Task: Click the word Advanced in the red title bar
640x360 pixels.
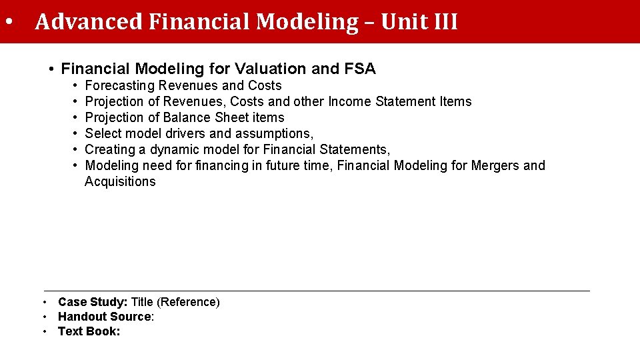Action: click(89, 22)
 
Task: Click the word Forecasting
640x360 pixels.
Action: click(120, 85)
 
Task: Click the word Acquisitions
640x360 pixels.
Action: click(120, 181)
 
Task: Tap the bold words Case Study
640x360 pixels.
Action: click(93, 302)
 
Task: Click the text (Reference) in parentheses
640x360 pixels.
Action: click(189, 302)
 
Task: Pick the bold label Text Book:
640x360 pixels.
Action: click(89, 331)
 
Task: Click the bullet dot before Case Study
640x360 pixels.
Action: click(45, 302)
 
